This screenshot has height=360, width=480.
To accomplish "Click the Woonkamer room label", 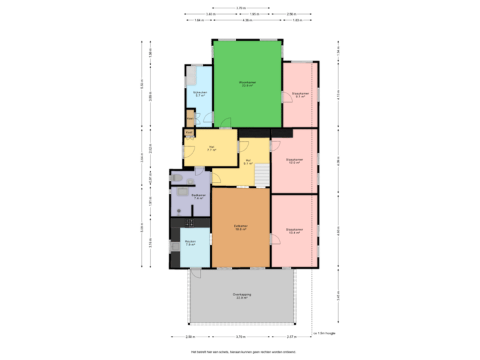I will tap(248, 84).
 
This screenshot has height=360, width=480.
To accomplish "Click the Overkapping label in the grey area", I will tap(241, 295).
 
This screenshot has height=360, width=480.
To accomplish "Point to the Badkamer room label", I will tap(198, 197).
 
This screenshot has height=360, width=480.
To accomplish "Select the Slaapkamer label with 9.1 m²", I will tap(300, 95).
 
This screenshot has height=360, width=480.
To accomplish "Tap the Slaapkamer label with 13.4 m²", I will tap(294, 231).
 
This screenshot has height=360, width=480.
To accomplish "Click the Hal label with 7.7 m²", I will tap(211, 149).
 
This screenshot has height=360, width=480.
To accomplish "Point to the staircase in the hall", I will tap(263, 175).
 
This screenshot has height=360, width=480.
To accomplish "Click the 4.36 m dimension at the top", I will tap(247, 21).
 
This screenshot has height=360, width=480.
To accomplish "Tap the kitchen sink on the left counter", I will tap(175, 247).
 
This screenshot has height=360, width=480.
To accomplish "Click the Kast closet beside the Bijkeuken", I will tap(191, 121).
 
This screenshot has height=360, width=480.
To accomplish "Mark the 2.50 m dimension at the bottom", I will tap(190, 337).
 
